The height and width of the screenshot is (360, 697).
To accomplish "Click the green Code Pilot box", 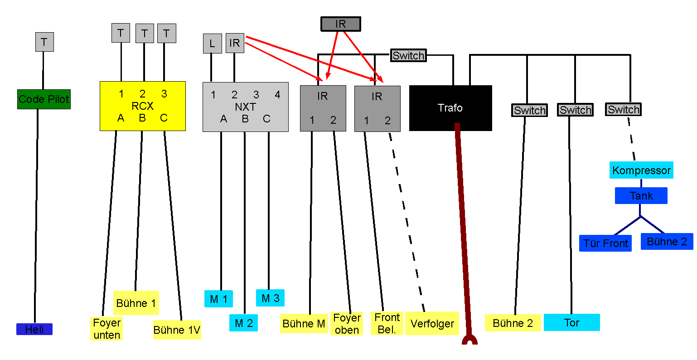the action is (x=44, y=99).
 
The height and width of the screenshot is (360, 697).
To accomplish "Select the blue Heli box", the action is (x=34, y=329).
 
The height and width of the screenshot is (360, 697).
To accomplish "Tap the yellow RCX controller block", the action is (x=142, y=106).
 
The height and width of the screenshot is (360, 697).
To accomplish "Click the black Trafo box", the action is (x=450, y=108).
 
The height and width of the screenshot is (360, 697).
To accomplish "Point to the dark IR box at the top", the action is (x=341, y=24).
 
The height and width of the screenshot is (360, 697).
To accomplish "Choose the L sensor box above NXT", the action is (x=212, y=43).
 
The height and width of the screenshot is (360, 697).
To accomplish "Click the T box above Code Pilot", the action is (x=44, y=42).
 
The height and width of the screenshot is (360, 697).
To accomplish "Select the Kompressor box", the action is (x=641, y=170).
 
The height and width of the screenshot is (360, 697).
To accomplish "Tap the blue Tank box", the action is (x=641, y=195).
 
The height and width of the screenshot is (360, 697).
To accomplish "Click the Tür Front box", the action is (x=605, y=243).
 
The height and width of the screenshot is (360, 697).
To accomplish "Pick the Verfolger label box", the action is (x=432, y=323).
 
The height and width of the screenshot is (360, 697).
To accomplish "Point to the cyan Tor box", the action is (x=571, y=322).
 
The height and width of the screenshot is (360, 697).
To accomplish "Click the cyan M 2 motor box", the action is (x=243, y=323).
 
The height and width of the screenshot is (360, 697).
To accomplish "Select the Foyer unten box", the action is (x=106, y=329).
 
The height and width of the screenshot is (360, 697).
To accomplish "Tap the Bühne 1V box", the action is (x=177, y=330).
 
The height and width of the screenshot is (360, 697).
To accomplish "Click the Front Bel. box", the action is (x=387, y=323).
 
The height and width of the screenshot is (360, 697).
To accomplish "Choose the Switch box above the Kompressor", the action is (x=623, y=109).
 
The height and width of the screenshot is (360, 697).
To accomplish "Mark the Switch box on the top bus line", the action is (x=408, y=55).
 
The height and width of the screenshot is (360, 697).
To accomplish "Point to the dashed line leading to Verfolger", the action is (x=407, y=222).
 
